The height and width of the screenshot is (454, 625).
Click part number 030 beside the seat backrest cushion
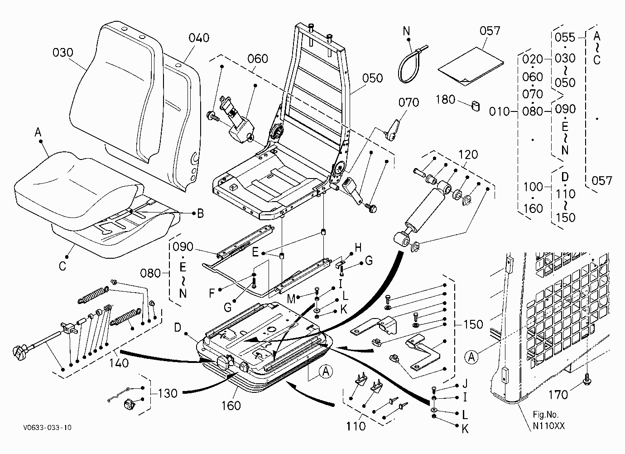(63, 53)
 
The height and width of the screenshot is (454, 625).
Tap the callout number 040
(199, 38)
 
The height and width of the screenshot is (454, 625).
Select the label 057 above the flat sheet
(490, 31)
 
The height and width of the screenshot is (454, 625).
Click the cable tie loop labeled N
(410, 65)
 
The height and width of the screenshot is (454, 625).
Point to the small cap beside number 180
(476, 106)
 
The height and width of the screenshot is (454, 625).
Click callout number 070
(409, 102)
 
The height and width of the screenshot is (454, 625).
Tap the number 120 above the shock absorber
(468, 155)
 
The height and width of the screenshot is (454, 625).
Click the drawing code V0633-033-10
(48, 427)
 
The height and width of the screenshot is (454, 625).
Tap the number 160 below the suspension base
(231, 406)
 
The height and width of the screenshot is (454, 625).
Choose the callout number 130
(168, 393)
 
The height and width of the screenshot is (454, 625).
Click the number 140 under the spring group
(119, 363)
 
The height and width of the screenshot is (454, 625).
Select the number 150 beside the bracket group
(473, 324)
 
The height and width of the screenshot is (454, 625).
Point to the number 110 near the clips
(356, 426)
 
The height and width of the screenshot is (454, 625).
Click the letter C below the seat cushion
(62, 266)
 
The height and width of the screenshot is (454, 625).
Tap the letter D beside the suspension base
(178, 327)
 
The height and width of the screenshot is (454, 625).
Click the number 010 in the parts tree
(500, 111)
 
